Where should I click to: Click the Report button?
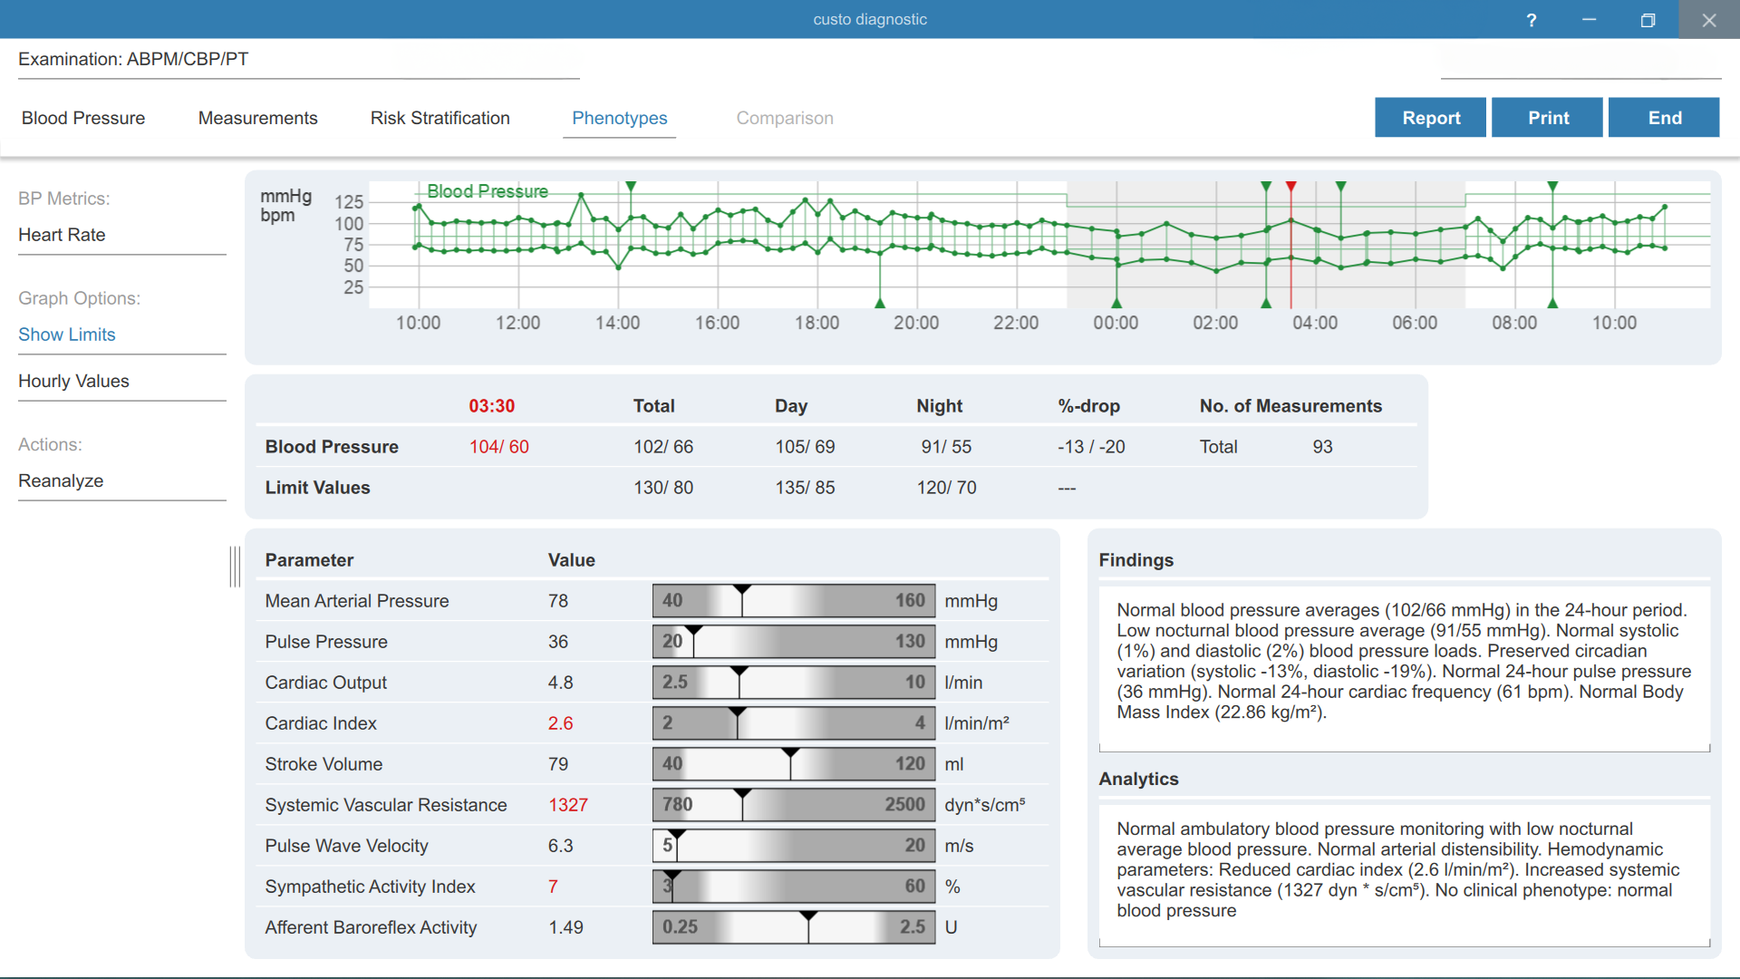[x=1430, y=118]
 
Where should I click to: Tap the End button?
[x=1664, y=118]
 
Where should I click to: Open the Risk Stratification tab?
[x=440, y=118]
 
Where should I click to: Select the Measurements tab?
[x=258, y=118]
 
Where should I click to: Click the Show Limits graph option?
[x=67, y=334]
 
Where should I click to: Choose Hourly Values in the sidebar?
[x=73, y=381]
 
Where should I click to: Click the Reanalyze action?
[x=61, y=480]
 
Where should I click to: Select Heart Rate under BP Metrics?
[x=62, y=235]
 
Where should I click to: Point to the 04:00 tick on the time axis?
[x=1315, y=323]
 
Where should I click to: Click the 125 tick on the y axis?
[x=349, y=201]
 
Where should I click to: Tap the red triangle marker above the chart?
[x=1291, y=186]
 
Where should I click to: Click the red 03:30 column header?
[x=492, y=406]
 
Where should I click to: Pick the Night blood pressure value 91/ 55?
[x=946, y=447]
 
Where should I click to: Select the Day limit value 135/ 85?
[x=805, y=488]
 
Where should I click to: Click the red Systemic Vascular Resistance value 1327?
[x=568, y=805]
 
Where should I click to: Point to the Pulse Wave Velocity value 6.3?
[x=560, y=846]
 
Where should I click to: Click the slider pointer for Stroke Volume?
[x=790, y=753]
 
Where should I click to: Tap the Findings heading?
[x=1136, y=560]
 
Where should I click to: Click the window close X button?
[x=1709, y=20]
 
